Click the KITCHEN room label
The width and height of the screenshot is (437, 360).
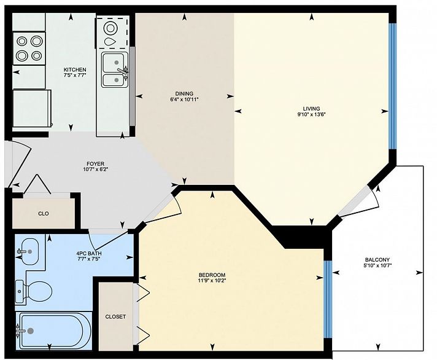click(x=75, y=69)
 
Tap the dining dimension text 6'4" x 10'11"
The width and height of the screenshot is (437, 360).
click(x=184, y=99)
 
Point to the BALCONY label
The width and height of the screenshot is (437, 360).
click(x=376, y=259)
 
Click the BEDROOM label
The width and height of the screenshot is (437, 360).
click(x=212, y=275)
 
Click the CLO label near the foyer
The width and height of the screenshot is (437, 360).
click(x=44, y=214)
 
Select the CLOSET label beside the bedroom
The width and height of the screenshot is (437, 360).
click(x=115, y=317)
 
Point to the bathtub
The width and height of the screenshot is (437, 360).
click(x=52, y=331)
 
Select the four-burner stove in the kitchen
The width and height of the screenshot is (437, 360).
click(x=29, y=49)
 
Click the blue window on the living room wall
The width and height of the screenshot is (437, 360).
click(x=393, y=86)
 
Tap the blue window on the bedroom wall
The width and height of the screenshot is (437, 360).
click(x=327, y=299)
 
